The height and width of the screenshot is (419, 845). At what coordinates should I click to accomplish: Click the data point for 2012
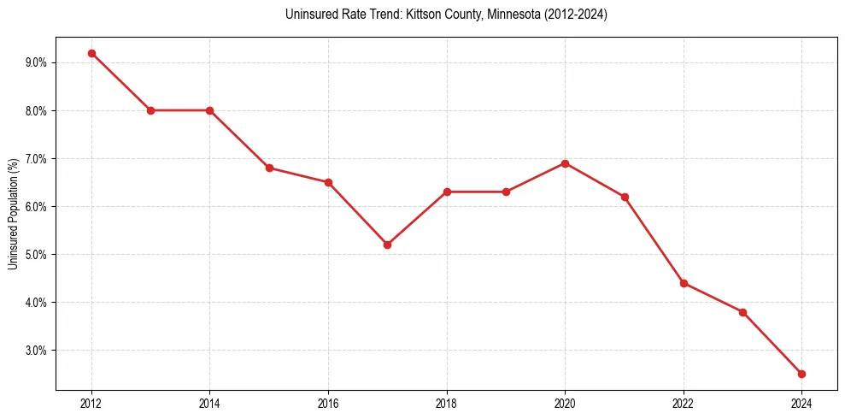(91, 53)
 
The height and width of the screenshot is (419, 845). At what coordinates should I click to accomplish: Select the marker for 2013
(150, 110)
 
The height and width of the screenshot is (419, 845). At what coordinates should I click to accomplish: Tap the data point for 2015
(269, 168)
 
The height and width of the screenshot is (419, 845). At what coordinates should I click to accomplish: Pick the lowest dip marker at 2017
(387, 245)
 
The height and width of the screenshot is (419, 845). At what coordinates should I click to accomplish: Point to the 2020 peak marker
(565, 163)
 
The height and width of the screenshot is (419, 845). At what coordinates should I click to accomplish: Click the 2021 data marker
(625, 197)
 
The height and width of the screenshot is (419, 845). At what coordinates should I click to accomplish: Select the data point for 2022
(684, 283)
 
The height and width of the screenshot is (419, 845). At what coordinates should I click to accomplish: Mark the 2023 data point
(742, 312)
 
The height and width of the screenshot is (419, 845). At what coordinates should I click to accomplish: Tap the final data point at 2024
(801, 374)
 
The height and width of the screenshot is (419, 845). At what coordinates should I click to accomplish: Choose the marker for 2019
(506, 192)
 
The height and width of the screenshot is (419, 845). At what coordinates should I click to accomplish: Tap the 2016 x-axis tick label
(328, 403)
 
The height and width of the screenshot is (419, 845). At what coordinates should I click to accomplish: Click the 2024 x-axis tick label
(801, 403)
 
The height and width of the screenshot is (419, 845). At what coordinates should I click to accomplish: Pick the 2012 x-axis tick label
(91, 403)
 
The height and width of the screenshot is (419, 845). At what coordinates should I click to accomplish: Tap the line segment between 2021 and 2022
(654, 240)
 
